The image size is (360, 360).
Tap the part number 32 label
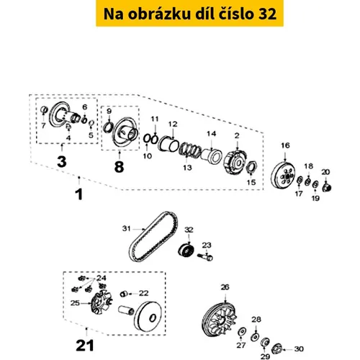pyautogui.click(x=189, y=230)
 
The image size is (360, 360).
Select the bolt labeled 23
pyautogui.click(x=205, y=257)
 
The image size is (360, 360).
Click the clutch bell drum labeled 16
pyautogui.click(x=284, y=176)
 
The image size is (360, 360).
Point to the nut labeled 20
pyautogui.click(x=327, y=187)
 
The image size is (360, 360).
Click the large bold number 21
pyautogui.click(x=85, y=346)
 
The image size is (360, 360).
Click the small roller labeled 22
pyautogui.click(x=123, y=294)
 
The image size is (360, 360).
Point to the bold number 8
pyautogui.click(x=119, y=166)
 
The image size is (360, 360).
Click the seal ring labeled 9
pyautogui.click(x=107, y=127)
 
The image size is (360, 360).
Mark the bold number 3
pyautogui.click(x=62, y=161)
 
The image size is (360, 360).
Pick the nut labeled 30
pyautogui.click(x=277, y=349)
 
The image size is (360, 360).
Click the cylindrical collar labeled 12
pyautogui.click(x=168, y=144)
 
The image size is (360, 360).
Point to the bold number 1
pyautogui.click(x=79, y=194)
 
